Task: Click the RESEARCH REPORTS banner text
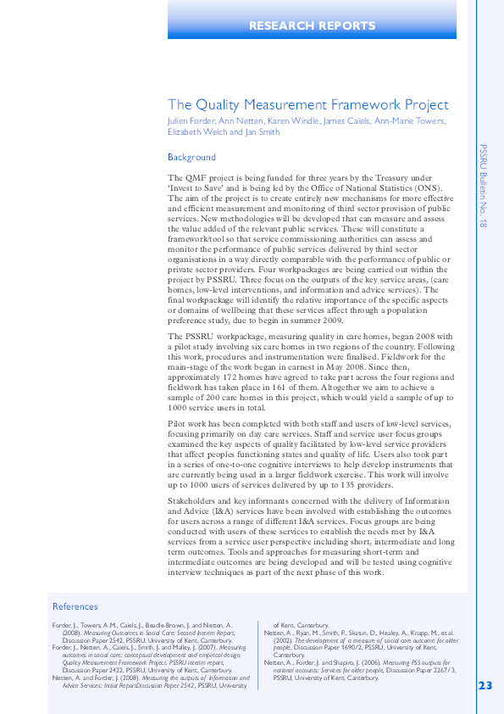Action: click(312, 26)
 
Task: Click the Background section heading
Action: click(191, 157)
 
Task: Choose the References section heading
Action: click(75, 606)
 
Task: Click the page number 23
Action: click(485, 685)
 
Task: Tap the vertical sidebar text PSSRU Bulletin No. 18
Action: click(483, 187)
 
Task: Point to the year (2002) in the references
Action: click(283, 639)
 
